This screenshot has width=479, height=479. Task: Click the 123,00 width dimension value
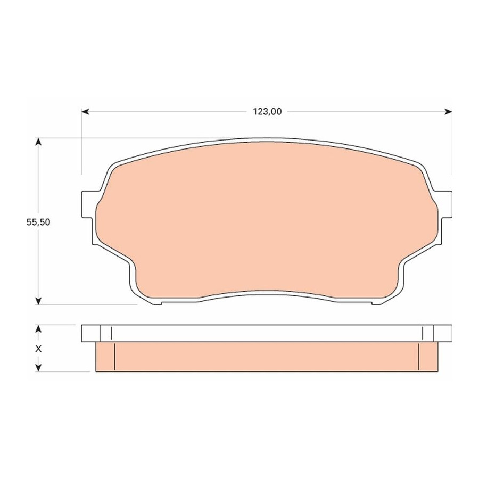tap(267, 112)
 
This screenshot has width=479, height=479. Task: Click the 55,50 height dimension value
tap(38, 222)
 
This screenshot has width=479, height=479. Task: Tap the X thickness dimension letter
tap(38, 349)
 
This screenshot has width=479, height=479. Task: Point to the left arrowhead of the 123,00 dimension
tap(85, 112)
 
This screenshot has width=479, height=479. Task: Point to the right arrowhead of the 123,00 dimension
tap(449, 112)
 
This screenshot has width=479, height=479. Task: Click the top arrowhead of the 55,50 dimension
tap(38, 142)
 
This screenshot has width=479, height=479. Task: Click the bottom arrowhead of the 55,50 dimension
tap(38, 301)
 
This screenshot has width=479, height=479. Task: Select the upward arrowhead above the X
tap(38, 329)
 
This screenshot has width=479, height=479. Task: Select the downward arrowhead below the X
tap(38, 368)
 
